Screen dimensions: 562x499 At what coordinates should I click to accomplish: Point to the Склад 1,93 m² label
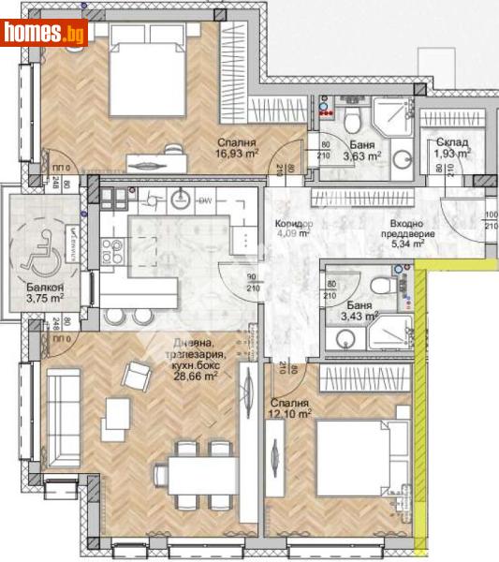[452, 148]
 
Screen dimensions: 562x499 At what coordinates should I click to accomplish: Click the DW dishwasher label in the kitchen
[203, 199]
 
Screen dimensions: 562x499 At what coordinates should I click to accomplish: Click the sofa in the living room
[64, 417]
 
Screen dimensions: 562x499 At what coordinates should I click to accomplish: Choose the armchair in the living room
[138, 377]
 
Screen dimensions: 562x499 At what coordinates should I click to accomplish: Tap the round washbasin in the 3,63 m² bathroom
[402, 156]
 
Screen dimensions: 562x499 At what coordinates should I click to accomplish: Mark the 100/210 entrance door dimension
[491, 222]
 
